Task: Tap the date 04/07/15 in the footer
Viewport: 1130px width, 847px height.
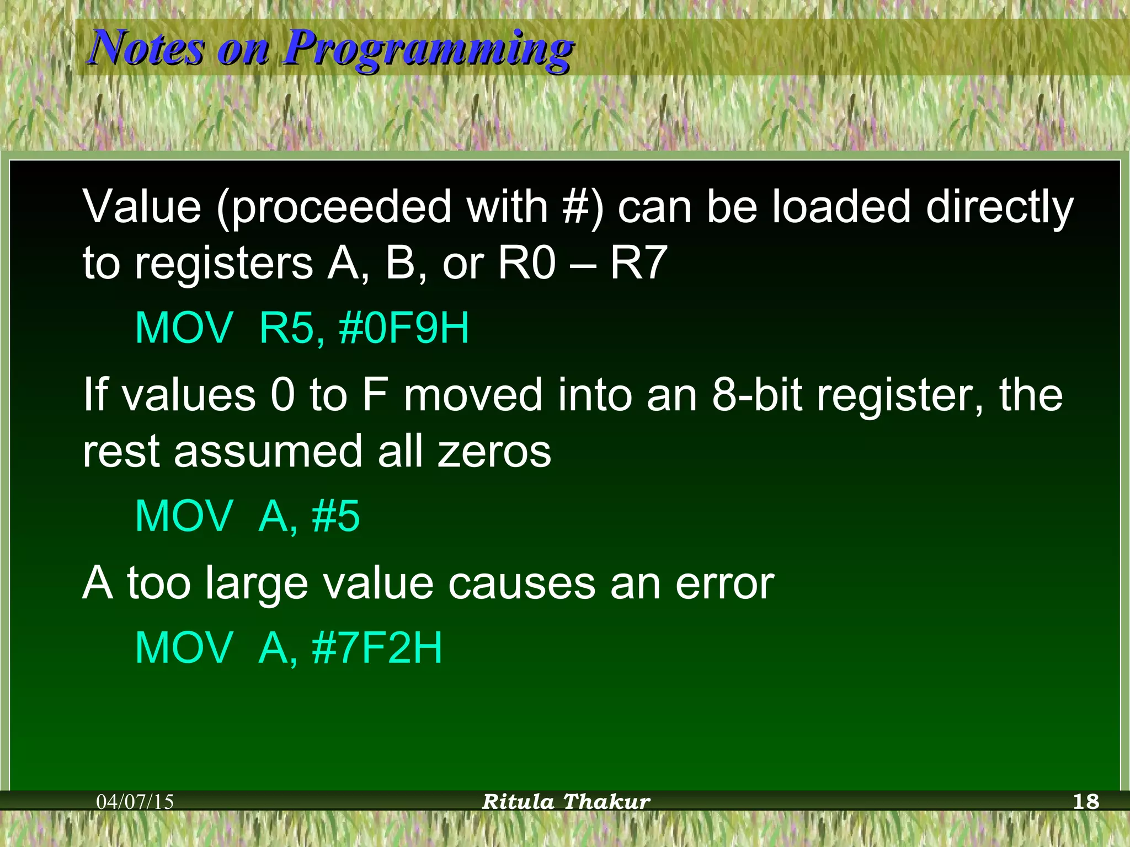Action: click(135, 801)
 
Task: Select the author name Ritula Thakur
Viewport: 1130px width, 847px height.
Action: click(566, 801)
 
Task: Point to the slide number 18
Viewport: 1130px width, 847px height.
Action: click(1086, 801)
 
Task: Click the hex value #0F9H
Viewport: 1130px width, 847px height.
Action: click(404, 328)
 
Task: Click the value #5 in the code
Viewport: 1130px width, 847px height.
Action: click(335, 516)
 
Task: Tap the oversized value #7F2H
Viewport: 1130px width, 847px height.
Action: click(377, 648)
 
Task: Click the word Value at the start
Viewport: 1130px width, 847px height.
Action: click(142, 206)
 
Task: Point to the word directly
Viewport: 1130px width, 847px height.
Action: click(999, 207)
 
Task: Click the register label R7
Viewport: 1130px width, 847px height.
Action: click(638, 263)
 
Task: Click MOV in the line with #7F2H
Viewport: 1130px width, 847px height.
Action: click(184, 648)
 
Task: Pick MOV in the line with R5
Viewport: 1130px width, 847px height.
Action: click(184, 328)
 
